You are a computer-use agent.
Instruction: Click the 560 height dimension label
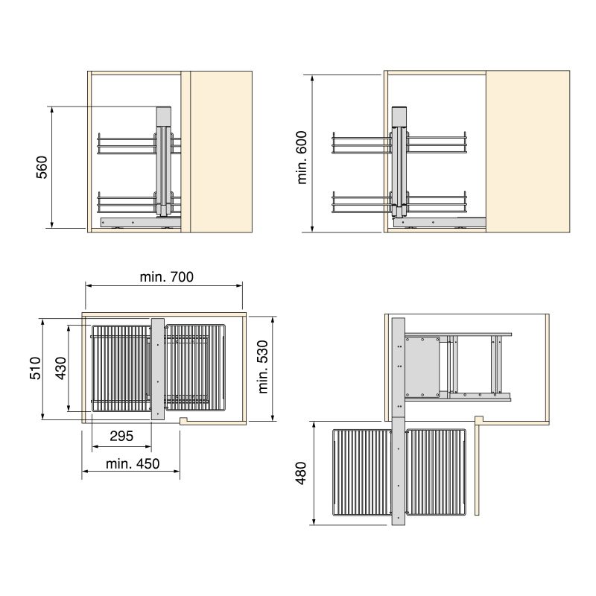pyautogui.click(x=42, y=167)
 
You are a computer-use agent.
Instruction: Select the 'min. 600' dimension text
pyautogui.click(x=302, y=162)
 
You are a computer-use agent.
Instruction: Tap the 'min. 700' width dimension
pyautogui.click(x=166, y=277)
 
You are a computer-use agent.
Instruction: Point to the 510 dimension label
pyautogui.click(x=34, y=368)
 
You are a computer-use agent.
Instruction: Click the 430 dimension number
pyautogui.click(x=61, y=368)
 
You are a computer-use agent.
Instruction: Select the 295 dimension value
pyautogui.click(x=121, y=437)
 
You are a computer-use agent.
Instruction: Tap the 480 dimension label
pyautogui.click(x=302, y=472)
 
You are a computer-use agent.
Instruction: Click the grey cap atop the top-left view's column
pyautogui.click(x=164, y=116)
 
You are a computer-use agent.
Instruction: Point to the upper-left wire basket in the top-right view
pyautogui.click(x=361, y=143)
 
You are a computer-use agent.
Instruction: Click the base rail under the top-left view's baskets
pyautogui.click(x=138, y=221)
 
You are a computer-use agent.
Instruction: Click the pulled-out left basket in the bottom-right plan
pyautogui.click(x=361, y=474)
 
